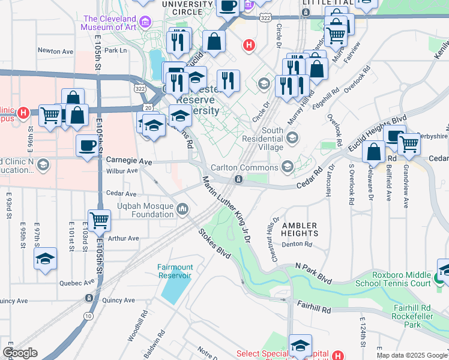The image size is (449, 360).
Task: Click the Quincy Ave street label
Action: pyautogui.click(x=15, y=301)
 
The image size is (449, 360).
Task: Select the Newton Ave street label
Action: pyautogui.click(x=55, y=52)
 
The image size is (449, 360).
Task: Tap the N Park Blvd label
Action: pyautogui.click(x=313, y=273)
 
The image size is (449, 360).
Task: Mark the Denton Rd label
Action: pyautogui.click(x=300, y=244)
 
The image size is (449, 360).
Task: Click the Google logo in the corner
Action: pyautogui.click(x=20, y=353)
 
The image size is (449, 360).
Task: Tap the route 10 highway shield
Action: pyautogui.click(x=88, y=316)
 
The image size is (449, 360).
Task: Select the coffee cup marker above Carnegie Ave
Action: pyautogui.click(x=88, y=145)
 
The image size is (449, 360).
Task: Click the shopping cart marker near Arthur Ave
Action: pyautogui.click(x=98, y=220)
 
